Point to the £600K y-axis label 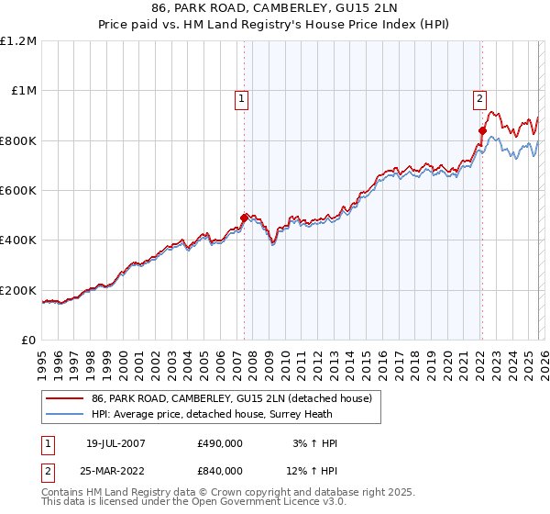pyautogui.click(x=18, y=190)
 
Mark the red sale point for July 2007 pyautogui.click(x=244, y=218)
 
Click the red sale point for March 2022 pyautogui.click(x=481, y=130)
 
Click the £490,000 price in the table pyautogui.click(x=220, y=443)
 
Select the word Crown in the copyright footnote pyautogui.click(x=215, y=493)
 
